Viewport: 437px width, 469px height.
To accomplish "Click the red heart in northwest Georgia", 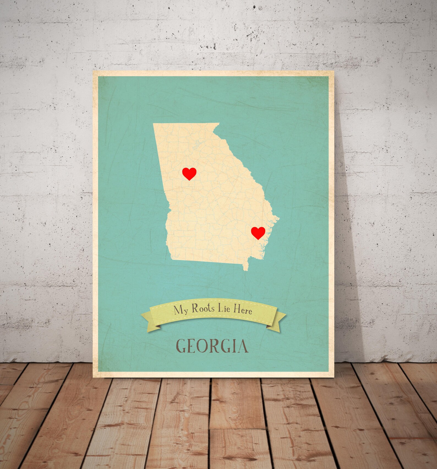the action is pyautogui.click(x=189, y=173).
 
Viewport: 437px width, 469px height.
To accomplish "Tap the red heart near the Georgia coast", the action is pyautogui.click(x=258, y=233).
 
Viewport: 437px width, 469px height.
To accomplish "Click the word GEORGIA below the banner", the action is pyautogui.click(x=212, y=346).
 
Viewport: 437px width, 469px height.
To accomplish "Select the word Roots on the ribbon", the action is pyautogui.click(x=203, y=308).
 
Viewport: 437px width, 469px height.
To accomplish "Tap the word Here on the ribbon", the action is pyautogui.click(x=243, y=310).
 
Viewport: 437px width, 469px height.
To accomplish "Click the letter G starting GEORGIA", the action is pyautogui.click(x=182, y=346).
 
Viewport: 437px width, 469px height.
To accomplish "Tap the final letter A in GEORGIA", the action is pyautogui.click(x=242, y=346).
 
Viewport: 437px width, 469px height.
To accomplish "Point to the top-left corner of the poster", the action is pyautogui.click(x=93, y=71).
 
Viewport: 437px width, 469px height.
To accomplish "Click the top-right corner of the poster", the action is pyautogui.click(x=334, y=71).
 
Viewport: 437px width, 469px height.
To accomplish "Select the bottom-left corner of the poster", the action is pyautogui.click(x=93, y=377).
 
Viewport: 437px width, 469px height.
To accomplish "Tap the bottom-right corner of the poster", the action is pyautogui.click(x=334, y=377).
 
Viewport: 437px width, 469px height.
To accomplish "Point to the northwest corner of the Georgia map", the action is pyautogui.click(x=154, y=124).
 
